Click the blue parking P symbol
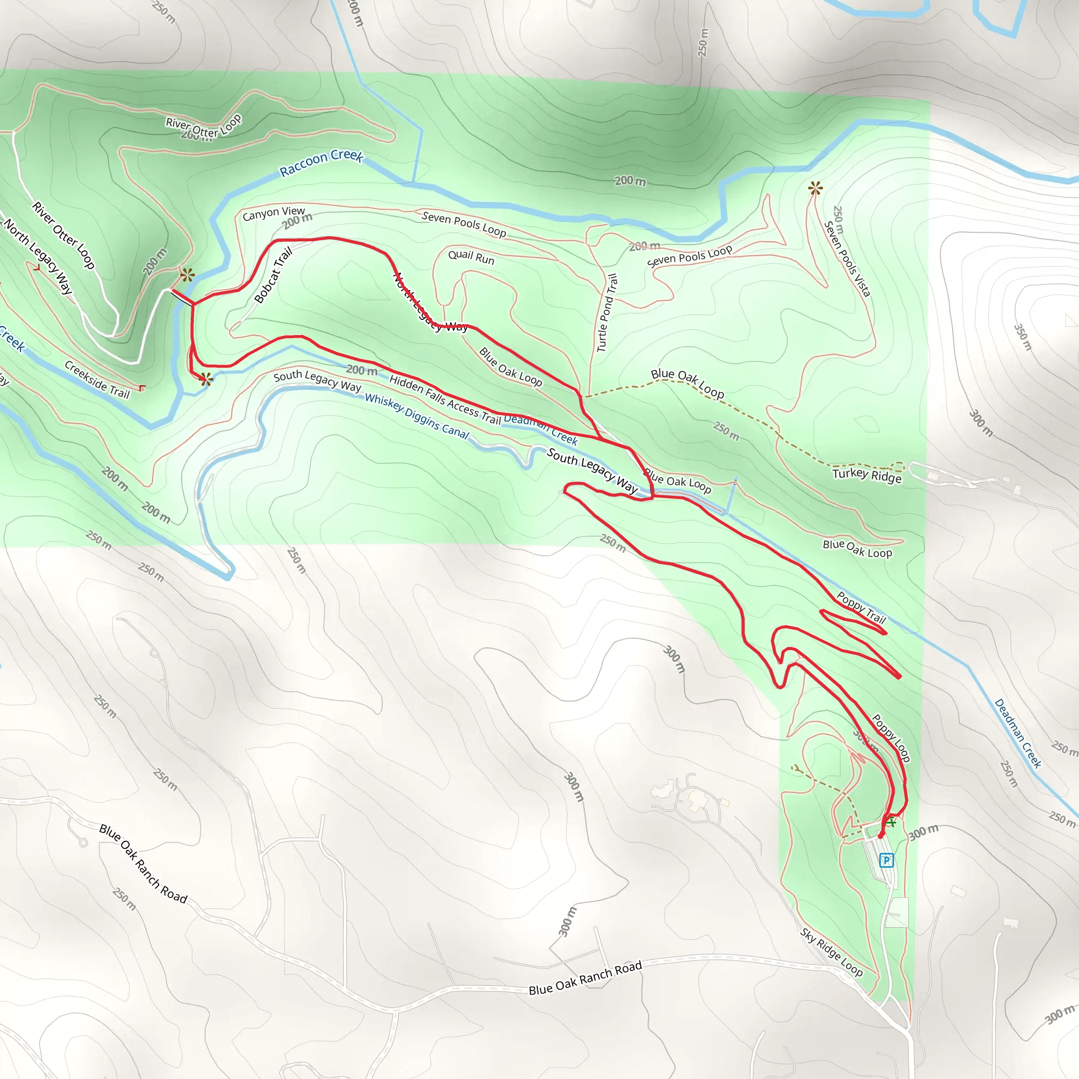point(886,861)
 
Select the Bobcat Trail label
point(273,276)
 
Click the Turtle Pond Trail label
point(607,313)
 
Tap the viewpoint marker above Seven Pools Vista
point(816,189)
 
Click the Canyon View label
point(273,213)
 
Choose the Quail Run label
point(472,258)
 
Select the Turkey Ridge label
point(867,475)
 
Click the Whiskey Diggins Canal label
point(417,416)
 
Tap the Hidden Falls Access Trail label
point(445,400)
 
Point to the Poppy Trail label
point(862,607)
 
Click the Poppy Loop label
point(891,738)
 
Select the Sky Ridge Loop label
point(831,952)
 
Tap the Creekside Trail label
point(97,380)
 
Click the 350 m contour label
point(1023,337)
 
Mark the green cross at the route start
point(891,822)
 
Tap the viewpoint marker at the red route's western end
point(205,380)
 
